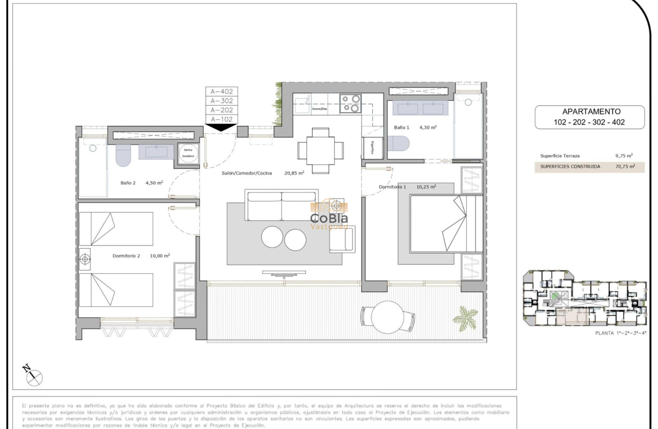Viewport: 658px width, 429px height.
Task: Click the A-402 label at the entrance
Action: [x=221, y=91]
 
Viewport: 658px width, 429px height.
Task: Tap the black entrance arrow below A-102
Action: [x=221, y=127]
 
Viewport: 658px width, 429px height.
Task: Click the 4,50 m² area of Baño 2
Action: [x=154, y=182]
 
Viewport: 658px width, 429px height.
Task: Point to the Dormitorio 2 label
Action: [x=126, y=256]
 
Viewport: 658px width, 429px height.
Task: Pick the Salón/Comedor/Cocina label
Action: [x=247, y=173]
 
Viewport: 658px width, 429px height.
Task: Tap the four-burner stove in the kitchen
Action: [x=350, y=103]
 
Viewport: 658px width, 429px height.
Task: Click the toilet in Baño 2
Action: [x=124, y=155]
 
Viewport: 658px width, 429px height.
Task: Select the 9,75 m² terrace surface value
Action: [x=626, y=156]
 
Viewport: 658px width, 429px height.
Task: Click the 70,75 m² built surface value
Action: [x=625, y=166]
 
